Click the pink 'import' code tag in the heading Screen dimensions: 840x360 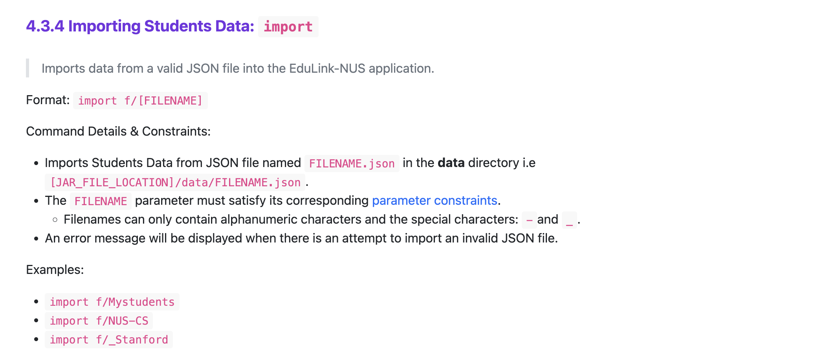coord(288,27)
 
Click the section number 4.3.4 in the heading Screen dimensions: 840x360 coord(45,26)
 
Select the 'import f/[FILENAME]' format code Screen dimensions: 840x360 coord(140,101)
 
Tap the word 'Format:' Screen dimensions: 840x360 coord(48,100)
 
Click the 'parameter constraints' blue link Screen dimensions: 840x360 coord(435,200)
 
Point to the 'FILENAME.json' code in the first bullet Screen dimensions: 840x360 coord(352,163)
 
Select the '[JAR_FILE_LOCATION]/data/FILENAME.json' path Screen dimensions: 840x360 coord(175,182)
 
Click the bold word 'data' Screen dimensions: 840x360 coord(451,163)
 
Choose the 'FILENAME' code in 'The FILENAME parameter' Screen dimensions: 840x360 coord(101,201)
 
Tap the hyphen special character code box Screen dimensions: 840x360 coord(529,220)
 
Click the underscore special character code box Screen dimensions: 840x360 coord(569,220)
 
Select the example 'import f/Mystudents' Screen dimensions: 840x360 coord(112,302)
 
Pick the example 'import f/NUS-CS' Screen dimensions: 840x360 coord(99,321)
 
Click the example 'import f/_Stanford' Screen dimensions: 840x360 coord(109,340)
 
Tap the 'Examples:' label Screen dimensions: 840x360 coord(55,270)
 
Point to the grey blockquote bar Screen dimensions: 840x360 coord(28,68)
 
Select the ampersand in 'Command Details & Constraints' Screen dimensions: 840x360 coord(134,131)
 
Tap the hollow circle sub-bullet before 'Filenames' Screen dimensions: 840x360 coord(55,219)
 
